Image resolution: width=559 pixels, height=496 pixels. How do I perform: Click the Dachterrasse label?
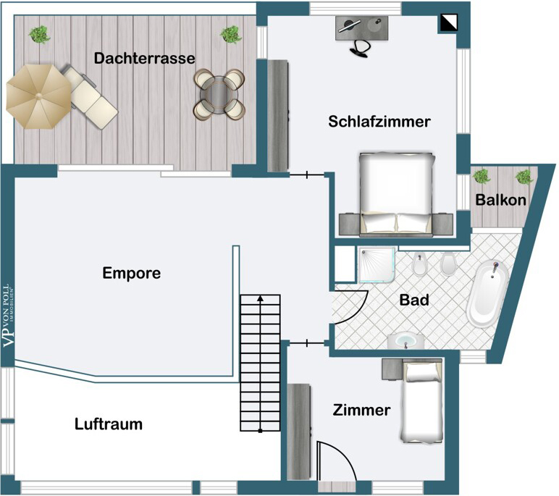click(x=144, y=58)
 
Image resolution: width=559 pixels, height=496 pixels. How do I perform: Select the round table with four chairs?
click(x=219, y=93)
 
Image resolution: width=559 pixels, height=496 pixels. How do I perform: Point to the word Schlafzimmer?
click(x=379, y=122)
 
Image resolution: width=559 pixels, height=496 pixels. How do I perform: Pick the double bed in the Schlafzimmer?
click(x=397, y=193)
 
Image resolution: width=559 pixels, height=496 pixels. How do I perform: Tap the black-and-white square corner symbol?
click(x=448, y=23)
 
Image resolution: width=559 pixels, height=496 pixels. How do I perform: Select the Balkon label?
click(x=501, y=201)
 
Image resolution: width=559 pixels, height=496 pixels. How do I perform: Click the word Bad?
click(x=414, y=300)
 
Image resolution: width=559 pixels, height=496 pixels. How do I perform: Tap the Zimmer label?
click(x=361, y=411)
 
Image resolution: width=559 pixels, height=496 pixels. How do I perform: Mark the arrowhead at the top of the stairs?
click(x=260, y=298)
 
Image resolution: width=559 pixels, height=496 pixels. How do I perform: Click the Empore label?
click(x=131, y=273)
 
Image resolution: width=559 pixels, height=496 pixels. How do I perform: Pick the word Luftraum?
click(x=109, y=424)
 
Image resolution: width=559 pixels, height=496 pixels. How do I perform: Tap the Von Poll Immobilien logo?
click(x=9, y=317)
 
